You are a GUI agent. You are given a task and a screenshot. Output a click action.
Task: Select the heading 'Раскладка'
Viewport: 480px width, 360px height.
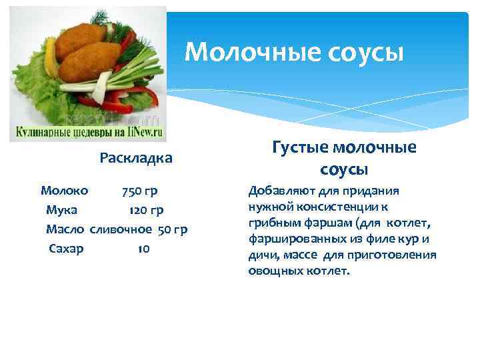[x=136, y=158]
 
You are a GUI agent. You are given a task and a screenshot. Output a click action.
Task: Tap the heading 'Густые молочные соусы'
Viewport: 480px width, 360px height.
[x=344, y=158]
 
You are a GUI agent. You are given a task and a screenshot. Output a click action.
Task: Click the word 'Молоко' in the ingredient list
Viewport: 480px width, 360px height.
[x=60, y=191]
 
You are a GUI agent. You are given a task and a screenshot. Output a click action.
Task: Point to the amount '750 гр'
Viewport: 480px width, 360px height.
[x=139, y=191]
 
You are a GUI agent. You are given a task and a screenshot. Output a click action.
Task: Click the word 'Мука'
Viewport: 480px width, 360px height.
[x=61, y=210]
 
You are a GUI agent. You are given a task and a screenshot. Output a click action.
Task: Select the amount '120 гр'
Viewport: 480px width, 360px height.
[x=146, y=211]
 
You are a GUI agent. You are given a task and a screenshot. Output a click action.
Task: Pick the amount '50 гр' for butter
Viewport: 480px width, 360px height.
[x=173, y=230]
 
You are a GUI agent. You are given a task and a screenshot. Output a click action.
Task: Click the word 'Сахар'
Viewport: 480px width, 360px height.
[x=66, y=249]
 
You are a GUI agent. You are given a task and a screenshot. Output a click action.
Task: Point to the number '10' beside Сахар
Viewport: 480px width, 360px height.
[x=143, y=249]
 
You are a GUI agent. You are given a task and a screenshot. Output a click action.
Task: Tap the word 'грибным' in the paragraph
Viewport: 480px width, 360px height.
[x=269, y=223]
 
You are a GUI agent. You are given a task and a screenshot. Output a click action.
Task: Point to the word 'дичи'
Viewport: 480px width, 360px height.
[x=260, y=255]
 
